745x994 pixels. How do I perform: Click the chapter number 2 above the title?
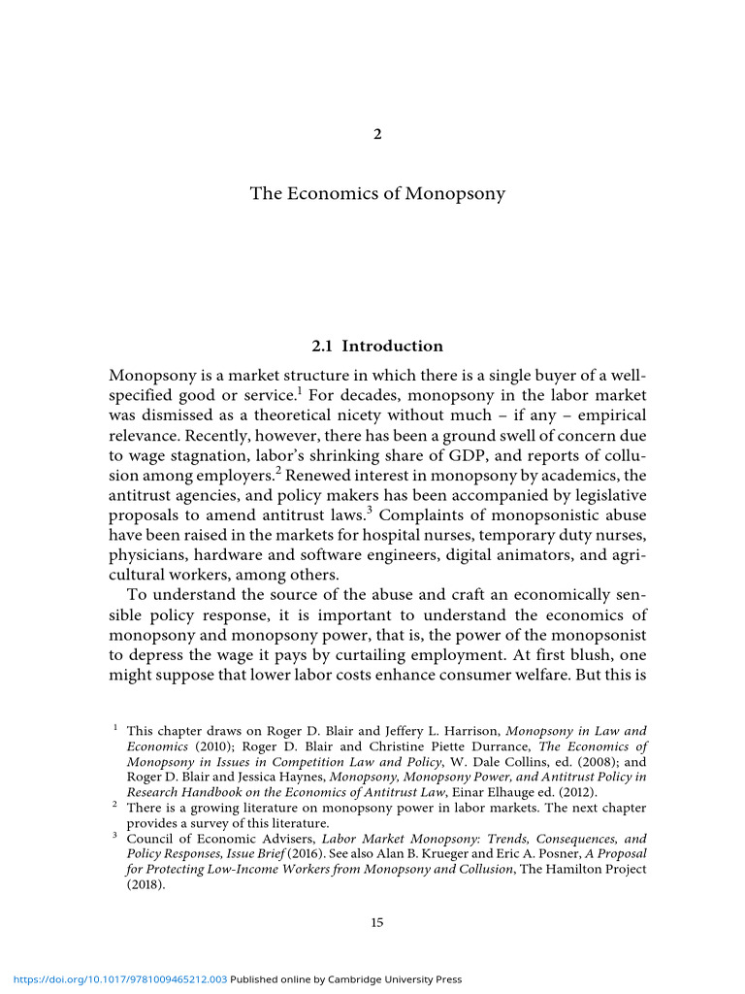(x=377, y=134)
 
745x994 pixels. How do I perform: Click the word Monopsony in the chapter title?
(x=455, y=193)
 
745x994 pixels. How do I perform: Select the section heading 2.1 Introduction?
(x=377, y=346)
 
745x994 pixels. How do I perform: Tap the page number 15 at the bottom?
(x=377, y=922)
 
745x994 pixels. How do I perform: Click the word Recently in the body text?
(x=215, y=437)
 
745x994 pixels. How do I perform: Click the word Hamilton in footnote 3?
(x=568, y=869)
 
